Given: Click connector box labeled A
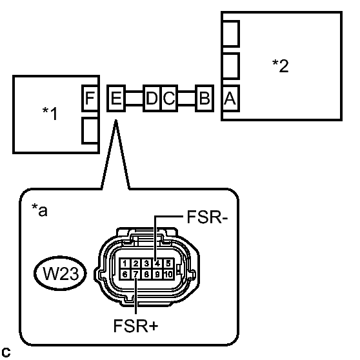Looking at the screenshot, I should point(230,99).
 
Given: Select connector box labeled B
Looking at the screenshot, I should point(205,99).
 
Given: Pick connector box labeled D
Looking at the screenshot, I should point(152,99).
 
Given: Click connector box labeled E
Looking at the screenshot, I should point(116,99).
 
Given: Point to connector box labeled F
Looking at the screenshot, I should point(90,99).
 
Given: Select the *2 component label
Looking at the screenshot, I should point(280,66).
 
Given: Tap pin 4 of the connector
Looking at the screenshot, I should point(157,263).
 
